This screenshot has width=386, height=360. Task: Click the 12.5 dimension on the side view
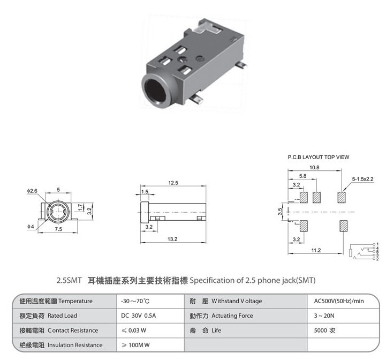pos(173,183)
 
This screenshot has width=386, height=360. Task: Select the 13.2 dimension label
pos(172,239)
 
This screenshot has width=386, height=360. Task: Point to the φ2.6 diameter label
pos(32,191)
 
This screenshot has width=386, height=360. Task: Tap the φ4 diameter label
pos(31,227)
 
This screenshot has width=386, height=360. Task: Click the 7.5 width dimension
pos(58,229)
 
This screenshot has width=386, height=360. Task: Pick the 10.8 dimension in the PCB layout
pos(314,168)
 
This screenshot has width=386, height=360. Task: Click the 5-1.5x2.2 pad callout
pos(362,179)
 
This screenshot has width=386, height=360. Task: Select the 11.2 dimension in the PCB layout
pos(316,250)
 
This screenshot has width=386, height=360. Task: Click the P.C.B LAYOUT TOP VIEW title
pos(319,157)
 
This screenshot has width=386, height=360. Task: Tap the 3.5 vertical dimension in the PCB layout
pos(280,212)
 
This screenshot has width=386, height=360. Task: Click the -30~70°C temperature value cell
pos(135,301)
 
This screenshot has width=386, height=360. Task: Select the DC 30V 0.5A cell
pos(138,316)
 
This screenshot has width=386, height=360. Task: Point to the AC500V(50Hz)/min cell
pos(339,301)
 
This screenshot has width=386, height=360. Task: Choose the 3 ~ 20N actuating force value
pos(324,316)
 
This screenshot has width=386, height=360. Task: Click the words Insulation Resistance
pos(75,345)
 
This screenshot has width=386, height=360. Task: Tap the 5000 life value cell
pos(324,331)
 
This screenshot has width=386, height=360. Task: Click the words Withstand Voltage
pos(237,301)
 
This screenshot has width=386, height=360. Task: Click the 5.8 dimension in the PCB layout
pos(303,176)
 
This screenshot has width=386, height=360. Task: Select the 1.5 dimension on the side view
pos(145,192)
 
